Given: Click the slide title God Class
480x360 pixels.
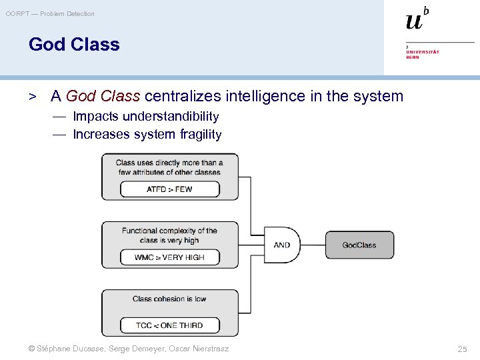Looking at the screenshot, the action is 74,45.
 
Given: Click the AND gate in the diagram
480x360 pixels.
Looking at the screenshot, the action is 283,245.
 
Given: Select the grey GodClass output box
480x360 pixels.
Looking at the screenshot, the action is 359,245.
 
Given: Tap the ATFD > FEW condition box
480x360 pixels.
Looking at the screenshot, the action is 169,189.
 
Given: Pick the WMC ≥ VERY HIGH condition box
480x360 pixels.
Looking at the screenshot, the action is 169,257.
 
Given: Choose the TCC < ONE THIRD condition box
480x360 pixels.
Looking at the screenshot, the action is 169,325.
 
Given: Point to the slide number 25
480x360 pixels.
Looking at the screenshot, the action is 462,349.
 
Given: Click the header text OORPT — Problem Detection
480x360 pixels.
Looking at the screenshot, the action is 50,13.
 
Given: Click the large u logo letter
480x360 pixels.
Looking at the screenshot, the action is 414,22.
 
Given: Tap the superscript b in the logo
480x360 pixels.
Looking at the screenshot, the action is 426,11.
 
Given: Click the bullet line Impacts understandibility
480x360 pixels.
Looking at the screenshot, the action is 145,117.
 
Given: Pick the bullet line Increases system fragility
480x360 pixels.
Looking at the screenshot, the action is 147,135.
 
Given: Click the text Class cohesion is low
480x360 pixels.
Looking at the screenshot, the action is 169,299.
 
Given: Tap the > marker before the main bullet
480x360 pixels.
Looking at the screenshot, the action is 31,97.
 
